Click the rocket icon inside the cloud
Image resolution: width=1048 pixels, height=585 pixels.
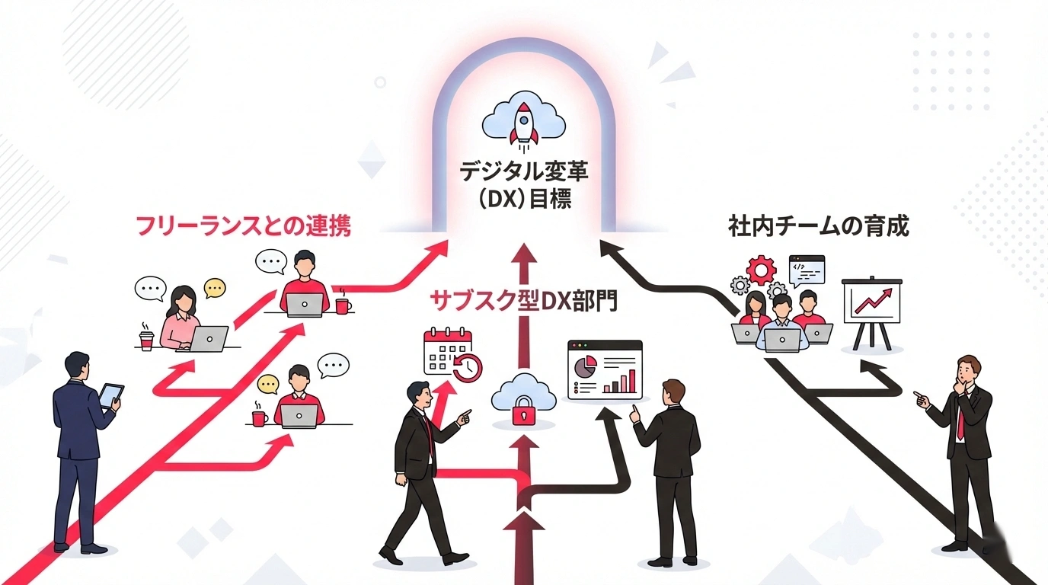click(x=525, y=125)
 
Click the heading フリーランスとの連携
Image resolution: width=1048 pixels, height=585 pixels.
click(x=243, y=226)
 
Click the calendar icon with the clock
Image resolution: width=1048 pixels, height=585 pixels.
click(x=451, y=352)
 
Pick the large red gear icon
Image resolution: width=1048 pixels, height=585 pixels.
click(x=759, y=270)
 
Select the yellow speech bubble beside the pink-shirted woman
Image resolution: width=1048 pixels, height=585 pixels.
click(x=215, y=287)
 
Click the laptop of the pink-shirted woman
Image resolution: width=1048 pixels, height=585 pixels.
click(x=207, y=338)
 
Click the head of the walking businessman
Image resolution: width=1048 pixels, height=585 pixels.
click(x=417, y=392)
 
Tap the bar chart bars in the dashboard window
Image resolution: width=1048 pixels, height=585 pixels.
click(x=623, y=380)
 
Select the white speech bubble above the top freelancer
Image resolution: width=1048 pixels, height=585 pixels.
click(x=270, y=261)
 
